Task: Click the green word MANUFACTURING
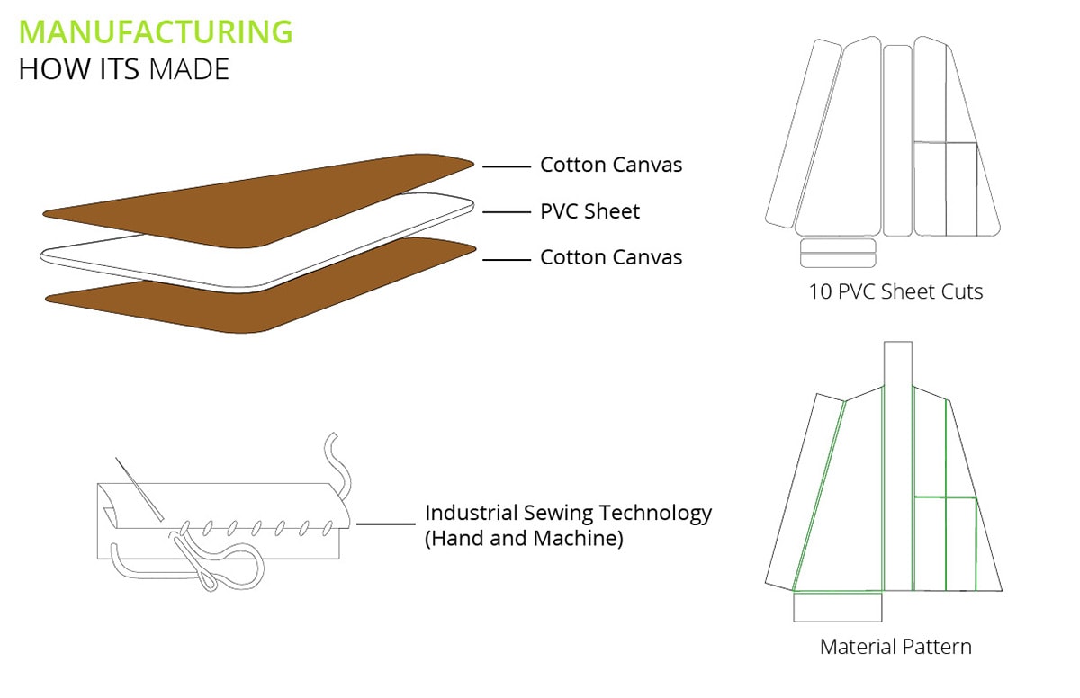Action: (156, 31)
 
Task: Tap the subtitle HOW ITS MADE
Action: (124, 69)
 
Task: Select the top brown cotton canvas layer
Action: (258, 201)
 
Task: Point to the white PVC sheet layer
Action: (256, 242)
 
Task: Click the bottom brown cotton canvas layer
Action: (260, 285)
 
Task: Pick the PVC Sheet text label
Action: (589, 211)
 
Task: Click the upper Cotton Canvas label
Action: (611, 165)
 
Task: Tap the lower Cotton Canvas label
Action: (611, 257)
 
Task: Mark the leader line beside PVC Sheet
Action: (506, 212)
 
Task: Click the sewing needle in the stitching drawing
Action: (139, 489)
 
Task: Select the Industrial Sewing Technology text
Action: (568, 514)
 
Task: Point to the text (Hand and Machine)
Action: (524, 539)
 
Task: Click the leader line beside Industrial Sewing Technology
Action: (386, 523)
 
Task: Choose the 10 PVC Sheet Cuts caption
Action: (895, 291)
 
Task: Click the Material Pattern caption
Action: (895, 647)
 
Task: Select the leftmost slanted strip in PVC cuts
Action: (803, 134)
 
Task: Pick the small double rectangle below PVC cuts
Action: (838, 253)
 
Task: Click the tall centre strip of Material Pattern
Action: (898, 466)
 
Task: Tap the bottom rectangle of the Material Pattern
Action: (838, 606)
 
